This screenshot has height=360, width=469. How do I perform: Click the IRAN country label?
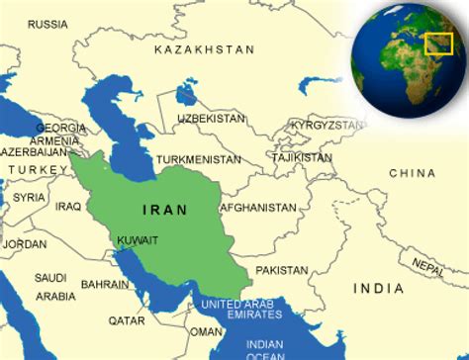point(163,210)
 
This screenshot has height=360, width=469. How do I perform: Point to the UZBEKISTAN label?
point(211,118)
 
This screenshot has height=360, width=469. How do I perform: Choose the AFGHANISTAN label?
point(257,208)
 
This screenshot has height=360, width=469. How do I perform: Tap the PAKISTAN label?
point(282,269)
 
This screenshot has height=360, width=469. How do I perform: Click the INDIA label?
point(378,288)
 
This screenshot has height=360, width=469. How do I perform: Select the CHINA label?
point(412,173)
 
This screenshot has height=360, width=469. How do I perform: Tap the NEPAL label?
point(426,265)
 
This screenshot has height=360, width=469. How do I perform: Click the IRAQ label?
point(68,206)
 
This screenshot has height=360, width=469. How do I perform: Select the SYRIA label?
point(30,197)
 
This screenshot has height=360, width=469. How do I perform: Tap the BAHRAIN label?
point(104,284)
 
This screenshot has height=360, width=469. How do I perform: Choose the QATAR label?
point(127,319)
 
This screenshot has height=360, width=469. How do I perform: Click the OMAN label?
point(207,331)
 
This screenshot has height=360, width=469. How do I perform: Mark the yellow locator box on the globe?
point(438,44)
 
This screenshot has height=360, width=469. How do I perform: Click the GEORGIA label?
point(60,128)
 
